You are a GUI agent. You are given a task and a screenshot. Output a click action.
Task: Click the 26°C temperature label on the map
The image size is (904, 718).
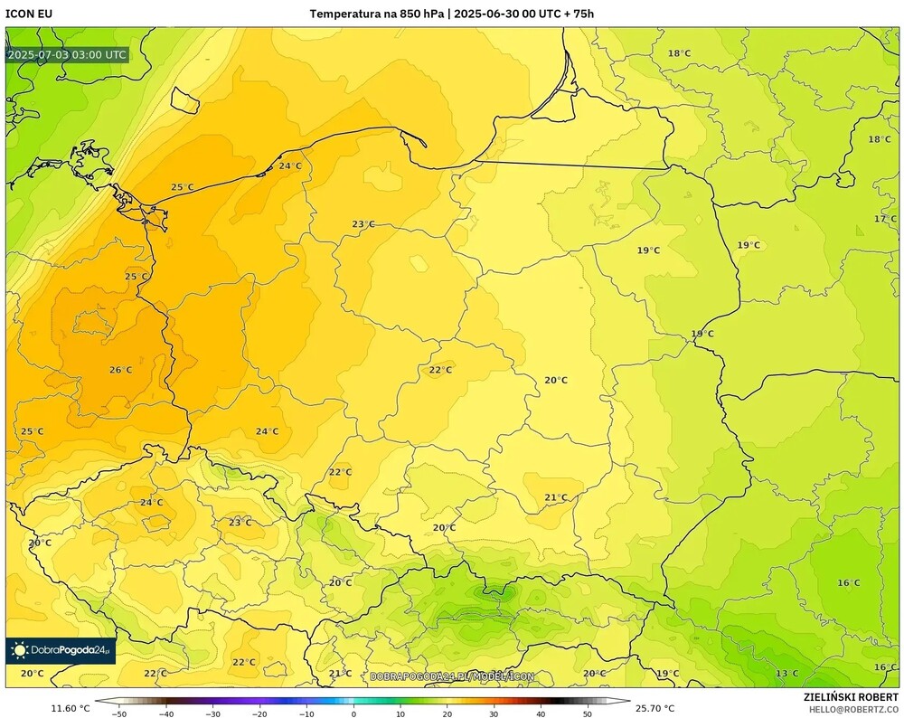pyautogui.click(x=120, y=370)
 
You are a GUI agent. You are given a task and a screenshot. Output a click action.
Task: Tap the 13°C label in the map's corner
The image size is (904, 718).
pyautogui.click(x=786, y=673)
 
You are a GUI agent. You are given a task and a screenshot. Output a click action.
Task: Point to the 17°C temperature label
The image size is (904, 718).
pyautogui.click(x=885, y=219)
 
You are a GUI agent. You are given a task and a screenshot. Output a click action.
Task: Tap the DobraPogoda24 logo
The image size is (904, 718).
pyautogui.click(x=61, y=650)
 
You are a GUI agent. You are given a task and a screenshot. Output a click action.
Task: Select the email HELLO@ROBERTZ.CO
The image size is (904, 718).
pyautogui.click(x=853, y=709)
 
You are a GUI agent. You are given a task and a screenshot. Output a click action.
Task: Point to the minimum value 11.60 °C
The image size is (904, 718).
pyautogui.click(x=71, y=708)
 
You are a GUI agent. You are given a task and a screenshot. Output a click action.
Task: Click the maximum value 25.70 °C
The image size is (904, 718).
pyautogui.click(x=655, y=708)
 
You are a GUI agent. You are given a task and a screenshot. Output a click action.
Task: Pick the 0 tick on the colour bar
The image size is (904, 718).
pyautogui.click(x=353, y=713)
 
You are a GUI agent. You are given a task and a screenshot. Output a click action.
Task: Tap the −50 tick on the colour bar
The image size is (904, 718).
pyautogui.click(x=118, y=713)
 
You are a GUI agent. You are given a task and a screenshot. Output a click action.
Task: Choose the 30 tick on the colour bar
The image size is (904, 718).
pyautogui.click(x=494, y=713)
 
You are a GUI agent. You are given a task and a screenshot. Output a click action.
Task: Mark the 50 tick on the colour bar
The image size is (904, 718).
pyautogui.click(x=588, y=713)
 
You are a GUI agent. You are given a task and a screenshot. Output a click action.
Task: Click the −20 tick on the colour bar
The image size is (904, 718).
pyautogui.click(x=259, y=713)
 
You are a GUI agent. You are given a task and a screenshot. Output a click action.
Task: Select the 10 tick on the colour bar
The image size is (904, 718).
pyautogui.click(x=400, y=713)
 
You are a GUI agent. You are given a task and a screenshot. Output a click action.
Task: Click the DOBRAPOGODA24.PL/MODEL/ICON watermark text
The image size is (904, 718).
pyautogui.click(x=452, y=676)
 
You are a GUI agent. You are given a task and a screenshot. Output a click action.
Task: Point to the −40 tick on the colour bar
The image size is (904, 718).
pyautogui.click(x=165, y=713)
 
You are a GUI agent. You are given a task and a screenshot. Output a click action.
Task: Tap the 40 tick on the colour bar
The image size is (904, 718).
pyautogui.click(x=541, y=713)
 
